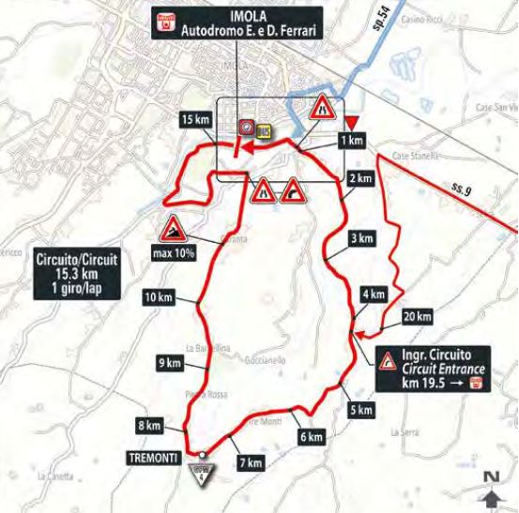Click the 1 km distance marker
click(x=352, y=141)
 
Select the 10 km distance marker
click(x=159, y=298)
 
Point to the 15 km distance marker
click(x=196, y=119)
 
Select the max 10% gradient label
click(x=172, y=252)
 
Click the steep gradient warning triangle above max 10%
click(x=173, y=229)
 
